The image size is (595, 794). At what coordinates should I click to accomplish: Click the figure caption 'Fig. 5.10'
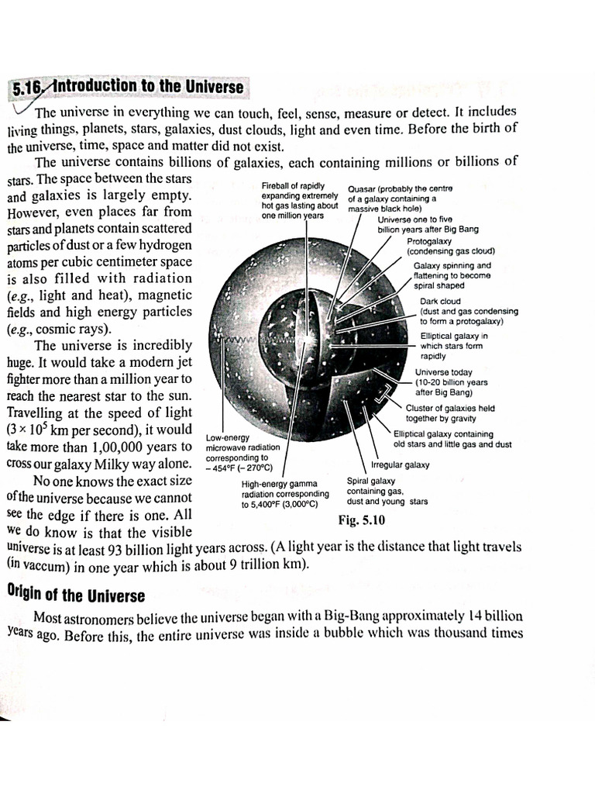point(361,519)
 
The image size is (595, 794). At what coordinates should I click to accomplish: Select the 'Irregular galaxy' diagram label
point(400,465)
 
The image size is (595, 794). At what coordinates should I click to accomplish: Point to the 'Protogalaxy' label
point(428,241)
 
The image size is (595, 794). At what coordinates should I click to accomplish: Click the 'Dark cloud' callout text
point(440,302)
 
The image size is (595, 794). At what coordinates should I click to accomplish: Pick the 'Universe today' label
point(443,372)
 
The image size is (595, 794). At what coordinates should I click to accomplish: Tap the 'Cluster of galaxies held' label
point(450,408)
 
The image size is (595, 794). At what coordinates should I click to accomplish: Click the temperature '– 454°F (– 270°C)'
point(238,468)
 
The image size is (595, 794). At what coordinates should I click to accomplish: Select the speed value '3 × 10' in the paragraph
point(28,430)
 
